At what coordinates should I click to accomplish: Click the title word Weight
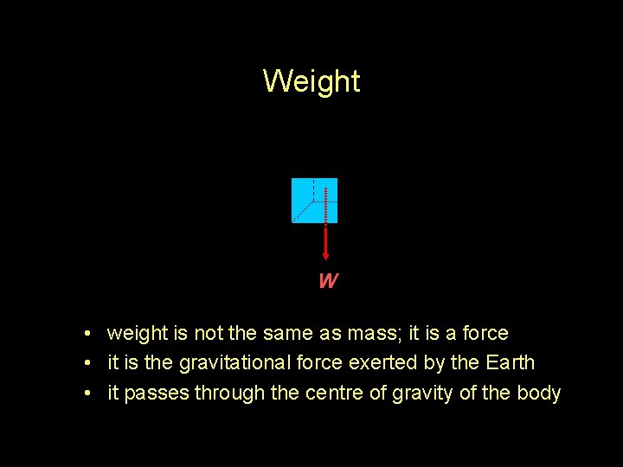click(x=311, y=81)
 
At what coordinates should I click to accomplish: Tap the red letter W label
click(x=327, y=281)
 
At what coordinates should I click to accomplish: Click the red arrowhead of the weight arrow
click(x=325, y=254)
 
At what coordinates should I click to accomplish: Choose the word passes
click(x=157, y=393)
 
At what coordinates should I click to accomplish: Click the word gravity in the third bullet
click(x=422, y=393)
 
